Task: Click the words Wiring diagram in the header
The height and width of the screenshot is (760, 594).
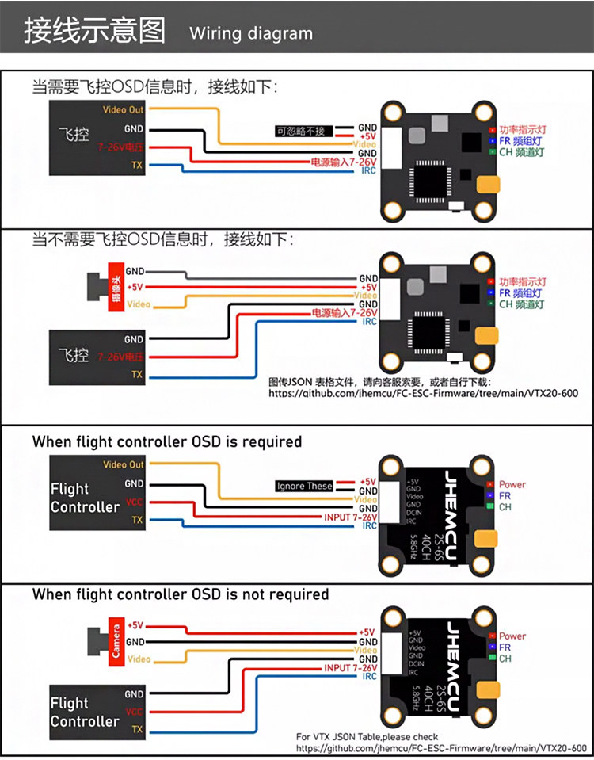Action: (x=251, y=33)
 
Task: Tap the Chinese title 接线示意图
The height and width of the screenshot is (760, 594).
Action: (x=94, y=31)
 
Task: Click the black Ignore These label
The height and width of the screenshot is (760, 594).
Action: (x=304, y=486)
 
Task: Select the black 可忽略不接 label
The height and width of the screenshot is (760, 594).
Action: (x=301, y=131)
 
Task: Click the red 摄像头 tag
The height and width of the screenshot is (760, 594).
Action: (x=116, y=287)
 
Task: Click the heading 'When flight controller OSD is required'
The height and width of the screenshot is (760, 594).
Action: (x=166, y=441)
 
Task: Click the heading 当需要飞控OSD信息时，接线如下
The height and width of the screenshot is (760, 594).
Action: (x=154, y=86)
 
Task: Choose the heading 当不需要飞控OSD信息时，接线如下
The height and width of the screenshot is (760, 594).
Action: (x=162, y=239)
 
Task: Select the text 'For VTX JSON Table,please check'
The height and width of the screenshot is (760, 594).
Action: (x=367, y=736)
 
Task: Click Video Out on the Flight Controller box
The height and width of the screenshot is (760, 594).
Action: (x=124, y=465)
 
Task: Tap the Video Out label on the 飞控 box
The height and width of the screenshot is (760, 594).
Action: (x=123, y=110)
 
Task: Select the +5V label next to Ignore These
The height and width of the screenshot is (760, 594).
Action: (x=367, y=481)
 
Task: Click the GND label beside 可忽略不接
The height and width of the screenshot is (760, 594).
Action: (x=367, y=127)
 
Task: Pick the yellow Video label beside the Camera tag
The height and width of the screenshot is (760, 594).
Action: (x=139, y=659)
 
